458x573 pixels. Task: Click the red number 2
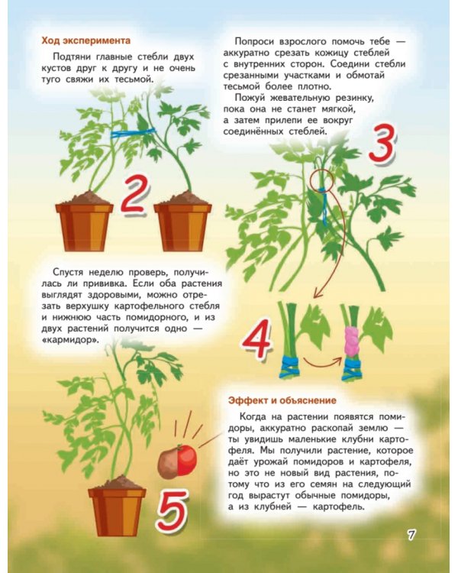pyautogui.click(x=134, y=196)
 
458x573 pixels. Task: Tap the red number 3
pyautogui.click(x=382, y=144)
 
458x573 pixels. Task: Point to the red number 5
pyautogui.click(x=173, y=510)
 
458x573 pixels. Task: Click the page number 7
pyautogui.click(x=411, y=535)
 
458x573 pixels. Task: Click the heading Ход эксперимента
pyautogui.click(x=85, y=40)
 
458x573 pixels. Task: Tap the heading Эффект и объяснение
pyautogui.click(x=282, y=400)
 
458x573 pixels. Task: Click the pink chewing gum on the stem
pyautogui.click(x=351, y=342)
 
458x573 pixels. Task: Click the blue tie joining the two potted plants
pyautogui.click(x=134, y=133)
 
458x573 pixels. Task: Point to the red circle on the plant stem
pyautogui.click(x=321, y=180)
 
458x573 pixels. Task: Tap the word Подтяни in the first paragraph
pyautogui.click(x=72, y=57)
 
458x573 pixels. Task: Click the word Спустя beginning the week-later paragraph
pyautogui.click(x=68, y=272)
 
